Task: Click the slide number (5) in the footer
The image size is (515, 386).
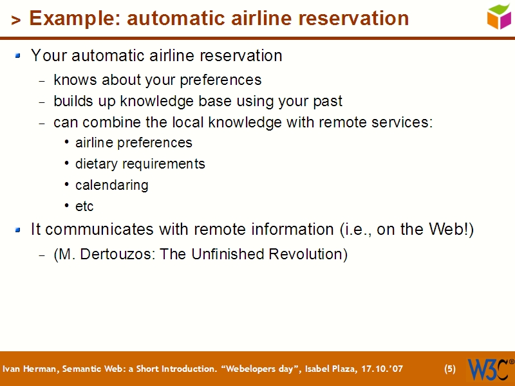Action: [450, 369]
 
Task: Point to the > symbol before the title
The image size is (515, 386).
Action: [16, 21]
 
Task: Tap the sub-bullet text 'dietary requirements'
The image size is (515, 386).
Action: [140, 164]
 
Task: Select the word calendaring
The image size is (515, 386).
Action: [111, 185]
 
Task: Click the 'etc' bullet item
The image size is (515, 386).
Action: [84, 207]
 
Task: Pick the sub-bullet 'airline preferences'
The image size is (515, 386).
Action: [133, 143]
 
